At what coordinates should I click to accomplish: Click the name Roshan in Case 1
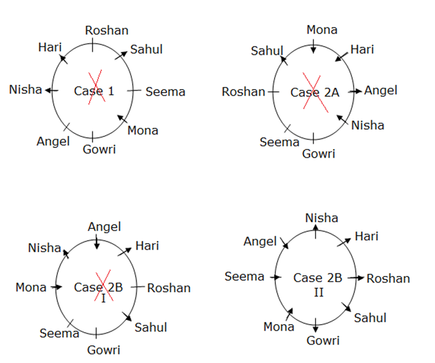click(x=107, y=30)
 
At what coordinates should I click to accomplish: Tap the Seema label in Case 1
click(x=165, y=92)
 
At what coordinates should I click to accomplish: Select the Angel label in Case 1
click(x=53, y=141)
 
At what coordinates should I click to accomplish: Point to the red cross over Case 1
click(x=95, y=89)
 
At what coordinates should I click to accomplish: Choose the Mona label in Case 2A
click(x=322, y=30)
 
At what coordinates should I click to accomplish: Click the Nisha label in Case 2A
click(x=368, y=125)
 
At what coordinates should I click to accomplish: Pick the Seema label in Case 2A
click(x=279, y=142)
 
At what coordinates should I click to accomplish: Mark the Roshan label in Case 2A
click(x=243, y=92)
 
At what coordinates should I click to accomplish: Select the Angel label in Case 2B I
click(x=104, y=227)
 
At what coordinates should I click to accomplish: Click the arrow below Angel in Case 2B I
click(x=96, y=242)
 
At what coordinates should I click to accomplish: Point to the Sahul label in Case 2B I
click(x=151, y=327)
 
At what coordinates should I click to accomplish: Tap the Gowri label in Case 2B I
click(x=104, y=350)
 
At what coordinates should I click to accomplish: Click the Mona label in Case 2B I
click(x=31, y=287)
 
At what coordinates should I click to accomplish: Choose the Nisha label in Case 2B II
click(x=322, y=218)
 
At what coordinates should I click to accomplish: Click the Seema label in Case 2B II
click(x=245, y=277)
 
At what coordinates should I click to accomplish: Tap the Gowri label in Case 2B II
click(x=323, y=340)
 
